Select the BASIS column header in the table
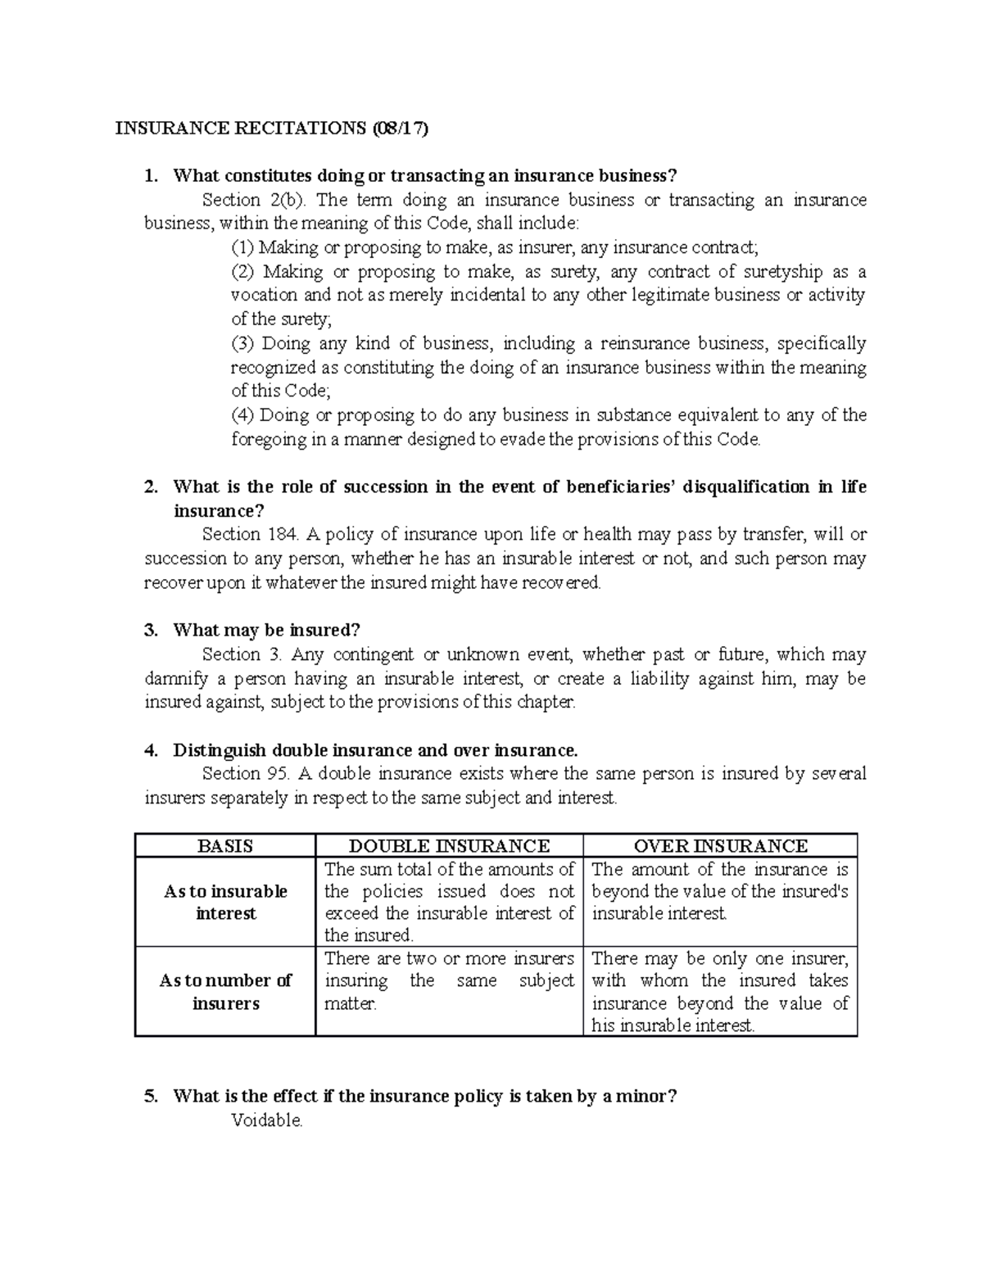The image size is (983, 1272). [x=225, y=846]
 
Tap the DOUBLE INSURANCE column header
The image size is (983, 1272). [x=449, y=846]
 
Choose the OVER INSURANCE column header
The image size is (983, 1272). [x=720, y=846]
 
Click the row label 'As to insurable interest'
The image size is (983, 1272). [x=225, y=902]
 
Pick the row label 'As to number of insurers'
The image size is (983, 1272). [x=225, y=992]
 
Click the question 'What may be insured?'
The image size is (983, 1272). [x=266, y=630]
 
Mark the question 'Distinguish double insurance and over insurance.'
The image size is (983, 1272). [x=375, y=750]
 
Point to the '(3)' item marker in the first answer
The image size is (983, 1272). [x=242, y=344]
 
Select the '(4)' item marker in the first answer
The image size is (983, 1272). [x=242, y=415]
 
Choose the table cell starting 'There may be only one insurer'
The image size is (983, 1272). [x=719, y=991]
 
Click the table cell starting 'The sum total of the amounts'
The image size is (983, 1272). [x=449, y=902]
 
